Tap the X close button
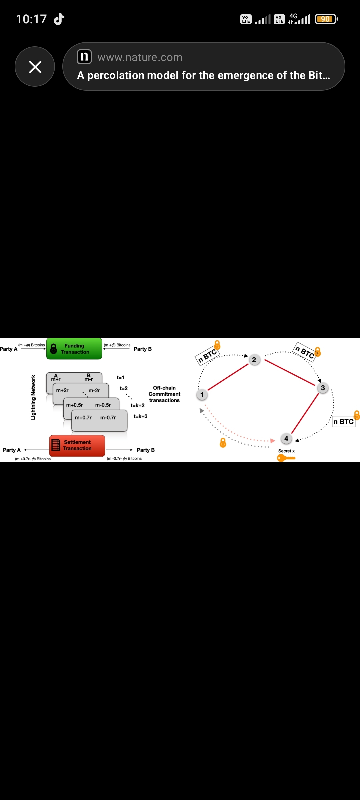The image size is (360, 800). click(x=35, y=67)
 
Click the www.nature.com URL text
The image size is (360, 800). click(x=140, y=57)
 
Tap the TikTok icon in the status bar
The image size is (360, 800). click(x=59, y=19)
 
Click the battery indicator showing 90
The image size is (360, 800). click(x=326, y=19)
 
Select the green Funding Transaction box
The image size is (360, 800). click(x=74, y=349)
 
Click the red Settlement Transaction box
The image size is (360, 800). click(x=77, y=445)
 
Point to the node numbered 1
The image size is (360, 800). click(x=202, y=395)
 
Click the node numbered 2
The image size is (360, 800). click(x=254, y=360)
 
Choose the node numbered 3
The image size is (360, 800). click(x=323, y=388)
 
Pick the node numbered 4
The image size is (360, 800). click(x=286, y=439)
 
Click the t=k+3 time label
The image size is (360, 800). click(x=140, y=416)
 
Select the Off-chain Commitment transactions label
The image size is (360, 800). click(x=164, y=394)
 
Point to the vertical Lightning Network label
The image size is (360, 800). click(x=33, y=397)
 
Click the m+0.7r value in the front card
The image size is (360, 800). click(x=83, y=418)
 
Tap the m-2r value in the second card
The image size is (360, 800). click(x=94, y=390)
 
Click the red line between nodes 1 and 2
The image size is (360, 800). click(x=228, y=377)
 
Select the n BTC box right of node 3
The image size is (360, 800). click(x=344, y=422)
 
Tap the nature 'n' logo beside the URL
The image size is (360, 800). click(x=84, y=57)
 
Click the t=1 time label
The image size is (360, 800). click(x=120, y=377)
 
